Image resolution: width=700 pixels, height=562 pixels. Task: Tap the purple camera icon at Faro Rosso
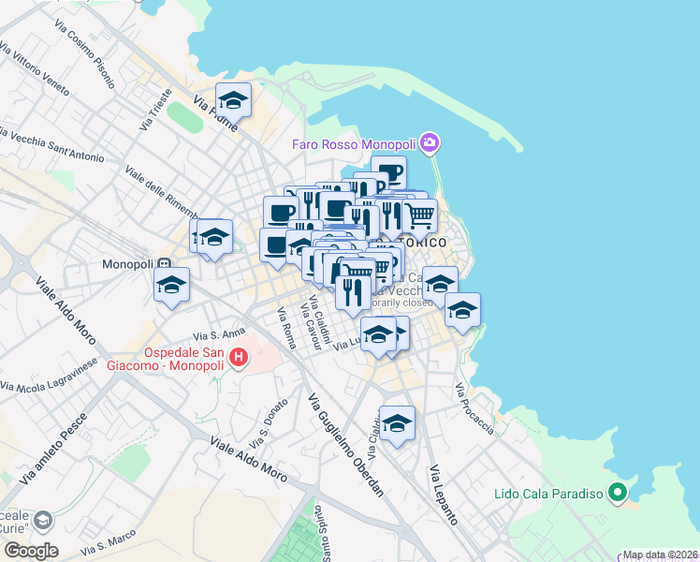pyautogui.click(x=430, y=143)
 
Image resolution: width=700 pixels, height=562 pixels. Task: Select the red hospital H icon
pyautogui.click(x=239, y=357)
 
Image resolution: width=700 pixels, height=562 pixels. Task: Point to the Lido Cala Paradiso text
pyautogui.click(x=548, y=494)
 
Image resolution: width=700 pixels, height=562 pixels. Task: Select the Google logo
pyautogui.click(x=30, y=551)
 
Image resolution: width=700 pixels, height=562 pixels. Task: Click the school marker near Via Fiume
pyautogui.click(x=233, y=99)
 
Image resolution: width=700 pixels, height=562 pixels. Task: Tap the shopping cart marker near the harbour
pyautogui.click(x=420, y=215)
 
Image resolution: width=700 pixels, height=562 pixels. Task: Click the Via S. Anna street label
pyautogui.click(x=218, y=333)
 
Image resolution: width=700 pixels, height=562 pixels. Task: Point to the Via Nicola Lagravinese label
pyautogui.click(x=49, y=374)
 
